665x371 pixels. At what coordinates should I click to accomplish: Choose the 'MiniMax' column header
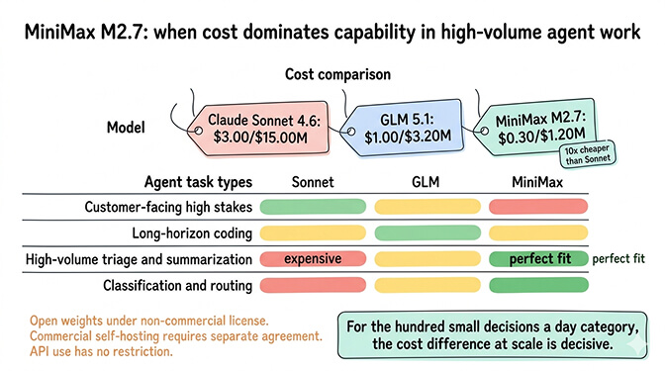(536, 183)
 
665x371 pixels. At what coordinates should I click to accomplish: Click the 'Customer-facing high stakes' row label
(167, 208)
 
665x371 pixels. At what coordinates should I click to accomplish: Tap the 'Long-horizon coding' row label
(192, 233)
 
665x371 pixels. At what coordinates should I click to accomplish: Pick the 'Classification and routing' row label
(177, 286)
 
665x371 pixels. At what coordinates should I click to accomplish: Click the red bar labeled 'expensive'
(313, 259)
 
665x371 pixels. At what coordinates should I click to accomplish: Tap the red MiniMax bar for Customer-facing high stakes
(537, 208)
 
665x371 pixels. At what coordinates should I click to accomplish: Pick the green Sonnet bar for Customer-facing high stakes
(313, 208)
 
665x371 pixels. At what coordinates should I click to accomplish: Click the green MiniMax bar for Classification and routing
(537, 286)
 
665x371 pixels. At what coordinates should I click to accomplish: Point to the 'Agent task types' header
(198, 183)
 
